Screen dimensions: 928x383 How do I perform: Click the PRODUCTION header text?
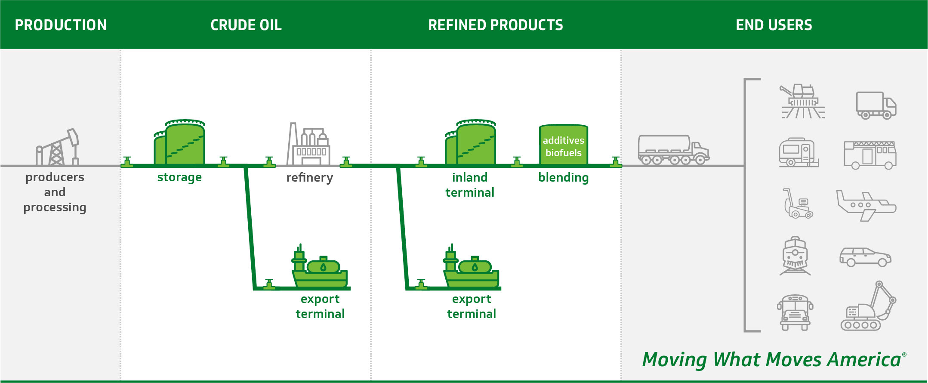61,25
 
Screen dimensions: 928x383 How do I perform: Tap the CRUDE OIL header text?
246,25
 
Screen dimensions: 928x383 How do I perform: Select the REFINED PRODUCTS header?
496,25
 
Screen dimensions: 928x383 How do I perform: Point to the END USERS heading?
774,25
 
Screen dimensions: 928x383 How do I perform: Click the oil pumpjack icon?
57,147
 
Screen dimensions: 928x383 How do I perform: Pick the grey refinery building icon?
308,144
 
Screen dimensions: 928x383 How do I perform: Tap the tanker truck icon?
674,150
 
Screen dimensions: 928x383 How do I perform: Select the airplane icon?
866,206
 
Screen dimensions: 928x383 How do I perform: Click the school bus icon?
795,312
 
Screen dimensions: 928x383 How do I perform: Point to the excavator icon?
868,306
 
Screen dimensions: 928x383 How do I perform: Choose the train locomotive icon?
795,256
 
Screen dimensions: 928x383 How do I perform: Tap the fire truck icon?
870,155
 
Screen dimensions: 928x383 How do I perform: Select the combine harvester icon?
802,101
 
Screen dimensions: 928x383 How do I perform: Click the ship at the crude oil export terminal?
320,267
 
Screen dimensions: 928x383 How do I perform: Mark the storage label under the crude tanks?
179,177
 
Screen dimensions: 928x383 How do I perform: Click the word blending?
564,177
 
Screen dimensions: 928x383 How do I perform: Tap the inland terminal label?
470,185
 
